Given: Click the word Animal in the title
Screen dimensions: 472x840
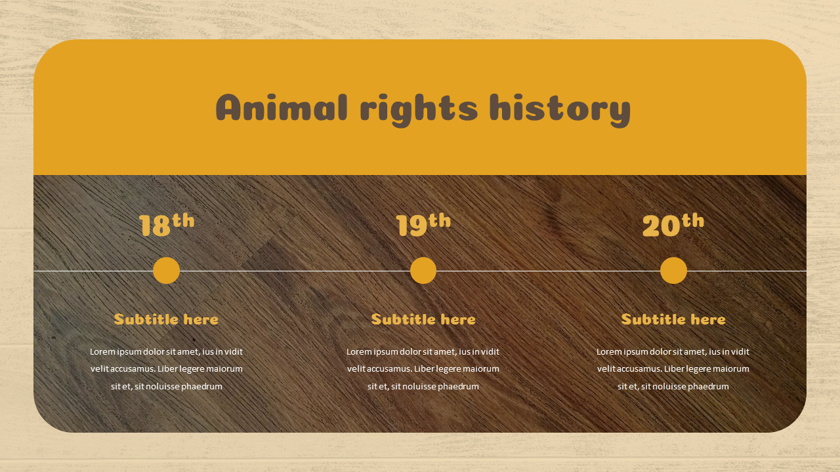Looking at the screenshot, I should [x=282, y=108].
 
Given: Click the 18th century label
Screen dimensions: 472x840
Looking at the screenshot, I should [x=167, y=224].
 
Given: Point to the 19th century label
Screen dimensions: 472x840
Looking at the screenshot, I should [x=423, y=224].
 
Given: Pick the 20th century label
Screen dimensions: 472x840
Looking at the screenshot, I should [x=673, y=224].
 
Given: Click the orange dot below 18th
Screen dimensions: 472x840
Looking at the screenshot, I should [x=166, y=271].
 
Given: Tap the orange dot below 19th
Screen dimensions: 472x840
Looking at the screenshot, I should [x=423, y=271].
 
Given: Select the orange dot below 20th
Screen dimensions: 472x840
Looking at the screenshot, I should [x=673, y=271].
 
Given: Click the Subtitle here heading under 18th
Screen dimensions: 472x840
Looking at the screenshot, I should [x=166, y=320].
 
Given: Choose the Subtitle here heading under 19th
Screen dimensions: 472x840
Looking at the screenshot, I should [x=423, y=320].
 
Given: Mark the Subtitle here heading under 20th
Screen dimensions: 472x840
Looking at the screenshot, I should [x=673, y=320].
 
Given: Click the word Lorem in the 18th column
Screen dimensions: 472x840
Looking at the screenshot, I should [x=102, y=352].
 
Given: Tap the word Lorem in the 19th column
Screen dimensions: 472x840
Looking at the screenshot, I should [x=359, y=352].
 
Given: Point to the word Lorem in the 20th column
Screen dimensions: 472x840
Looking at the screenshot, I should [x=609, y=352].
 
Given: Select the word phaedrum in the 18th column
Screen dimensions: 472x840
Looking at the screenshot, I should [x=201, y=387].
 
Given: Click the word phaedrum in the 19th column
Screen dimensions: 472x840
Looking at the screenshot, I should [x=458, y=387].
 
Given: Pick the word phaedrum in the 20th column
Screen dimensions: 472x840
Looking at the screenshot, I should [x=708, y=387].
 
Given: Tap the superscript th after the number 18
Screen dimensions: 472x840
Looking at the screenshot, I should [x=184, y=220].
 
